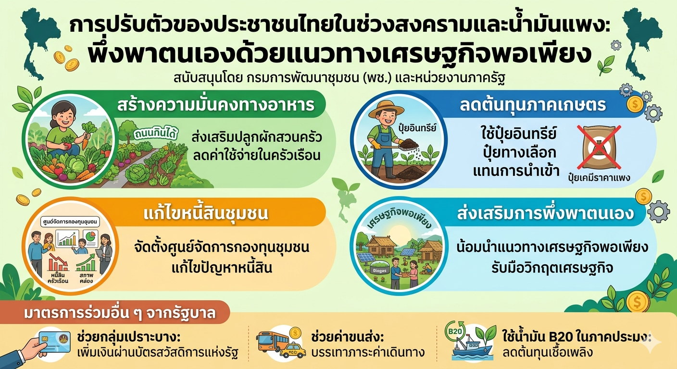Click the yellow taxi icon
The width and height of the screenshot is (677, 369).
(x=292, y=350)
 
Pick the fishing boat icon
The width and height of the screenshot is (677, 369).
(x=474, y=350)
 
